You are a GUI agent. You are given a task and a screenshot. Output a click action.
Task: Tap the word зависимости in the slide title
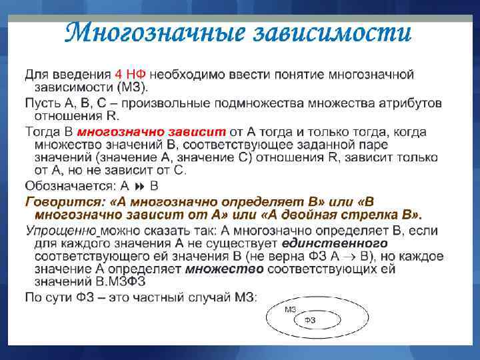335,31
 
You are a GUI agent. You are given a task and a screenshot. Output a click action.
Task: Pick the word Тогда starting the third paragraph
43,131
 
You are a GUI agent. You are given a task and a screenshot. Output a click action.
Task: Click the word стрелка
363,214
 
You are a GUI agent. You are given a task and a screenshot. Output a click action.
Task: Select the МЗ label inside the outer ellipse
290,310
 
